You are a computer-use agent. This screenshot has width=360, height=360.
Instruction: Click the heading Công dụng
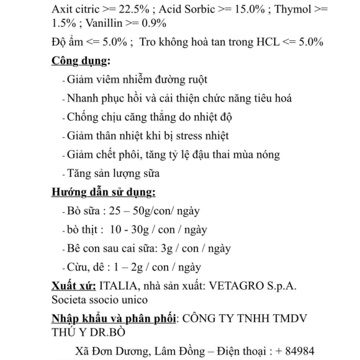pyautogui.click(x=80, y=61)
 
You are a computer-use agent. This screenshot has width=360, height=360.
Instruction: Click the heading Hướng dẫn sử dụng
pyautogui.click(x=103, y=192)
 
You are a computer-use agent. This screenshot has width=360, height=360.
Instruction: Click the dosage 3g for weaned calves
pyautogui.click(x=165, y=248)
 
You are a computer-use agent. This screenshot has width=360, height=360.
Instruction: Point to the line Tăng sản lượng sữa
pyautogui.click(x=114, y=173)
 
